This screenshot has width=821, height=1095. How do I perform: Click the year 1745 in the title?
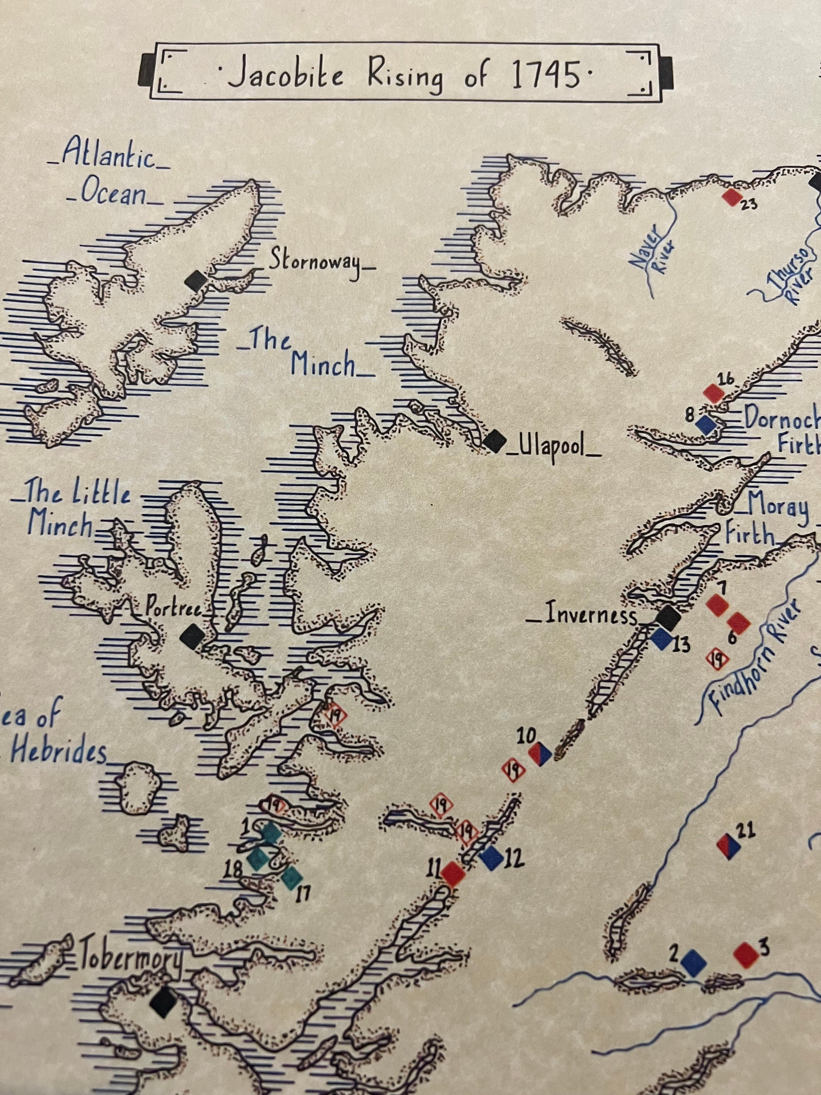pos(546,76)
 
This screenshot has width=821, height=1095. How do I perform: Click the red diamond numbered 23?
pos(732,196)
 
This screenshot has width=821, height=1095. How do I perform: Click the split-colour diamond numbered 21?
pos(728,846)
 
